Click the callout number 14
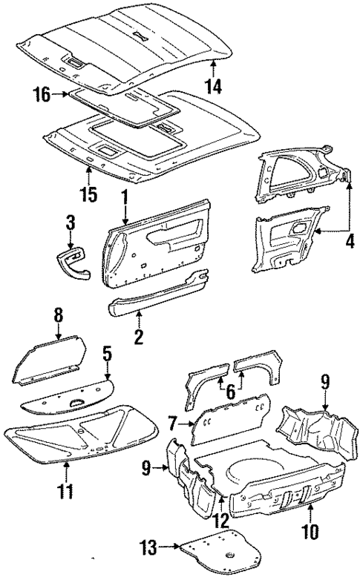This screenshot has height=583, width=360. click(x=215, y=86)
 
